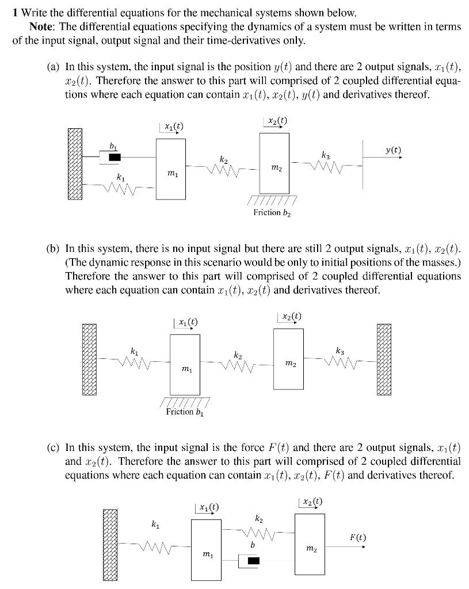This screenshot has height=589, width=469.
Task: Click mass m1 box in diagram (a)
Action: (170, 169)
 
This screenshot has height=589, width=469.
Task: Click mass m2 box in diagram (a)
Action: (274, 162)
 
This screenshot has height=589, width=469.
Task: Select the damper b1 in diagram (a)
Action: (115, 156)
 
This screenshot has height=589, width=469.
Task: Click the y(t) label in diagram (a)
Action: (394, 150)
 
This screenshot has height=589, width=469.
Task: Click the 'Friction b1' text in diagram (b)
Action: (184, 412)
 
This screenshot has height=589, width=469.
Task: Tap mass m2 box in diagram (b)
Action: (288, 358)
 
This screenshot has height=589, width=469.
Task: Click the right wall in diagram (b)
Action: (384, 359)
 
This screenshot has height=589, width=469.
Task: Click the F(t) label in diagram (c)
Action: (357, 538)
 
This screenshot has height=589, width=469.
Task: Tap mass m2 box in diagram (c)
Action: (310, 544)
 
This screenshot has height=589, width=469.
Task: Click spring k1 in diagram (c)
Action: (154, 544)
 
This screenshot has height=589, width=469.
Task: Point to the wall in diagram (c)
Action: (112, 544)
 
